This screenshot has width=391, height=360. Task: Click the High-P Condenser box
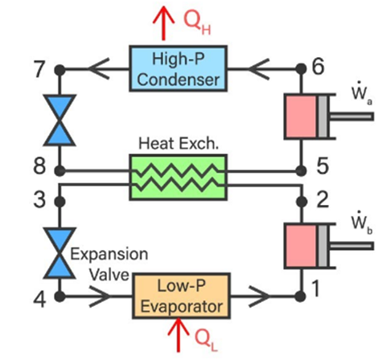point(178,69)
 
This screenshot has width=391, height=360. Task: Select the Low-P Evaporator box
point(182,296)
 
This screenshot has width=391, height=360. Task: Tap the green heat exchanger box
point(178,178)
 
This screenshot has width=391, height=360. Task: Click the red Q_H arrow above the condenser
point(163,23)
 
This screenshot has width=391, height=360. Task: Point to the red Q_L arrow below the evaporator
point(179,334)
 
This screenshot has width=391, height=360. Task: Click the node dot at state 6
point(301,69)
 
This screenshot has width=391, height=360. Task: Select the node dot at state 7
point(60,70)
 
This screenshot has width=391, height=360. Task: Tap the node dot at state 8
point(60,170)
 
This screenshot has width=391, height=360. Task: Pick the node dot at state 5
point(301,170)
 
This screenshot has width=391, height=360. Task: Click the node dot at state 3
point(60,202)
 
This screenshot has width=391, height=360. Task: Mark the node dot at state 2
point(302,202)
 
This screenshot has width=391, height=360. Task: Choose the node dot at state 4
point(60,297)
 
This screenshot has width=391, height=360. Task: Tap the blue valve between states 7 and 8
point(60,120)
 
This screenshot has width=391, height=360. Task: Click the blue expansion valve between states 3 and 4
point(60,253)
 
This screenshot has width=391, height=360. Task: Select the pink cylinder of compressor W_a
point(301,117)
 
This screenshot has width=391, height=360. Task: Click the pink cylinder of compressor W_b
point(301,246)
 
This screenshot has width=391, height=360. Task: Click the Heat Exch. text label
point(179,143)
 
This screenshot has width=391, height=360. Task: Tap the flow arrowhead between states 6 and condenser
point(258,69)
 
